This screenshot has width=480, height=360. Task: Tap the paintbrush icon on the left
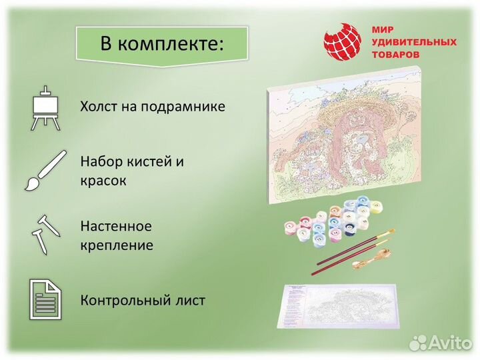(45, 170)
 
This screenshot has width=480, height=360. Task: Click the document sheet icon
(46, 299)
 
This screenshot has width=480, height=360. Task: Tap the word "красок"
(103, 181)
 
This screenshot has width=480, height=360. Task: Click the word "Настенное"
(116, 226)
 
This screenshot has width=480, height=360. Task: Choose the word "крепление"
(117, 245)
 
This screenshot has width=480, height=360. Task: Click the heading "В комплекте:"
(162, 44)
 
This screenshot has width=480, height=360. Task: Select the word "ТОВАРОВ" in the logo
(396, 55)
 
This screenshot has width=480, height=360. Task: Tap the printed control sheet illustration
(340, 305)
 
